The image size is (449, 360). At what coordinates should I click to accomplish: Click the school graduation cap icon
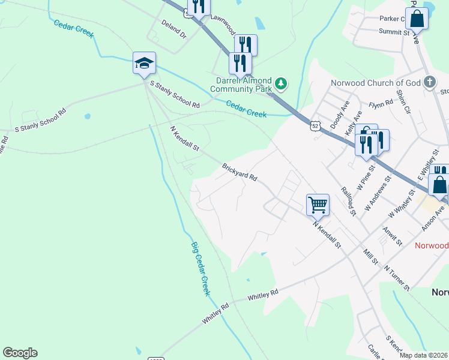point(144,63)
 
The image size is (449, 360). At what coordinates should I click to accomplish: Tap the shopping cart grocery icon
point(318,204)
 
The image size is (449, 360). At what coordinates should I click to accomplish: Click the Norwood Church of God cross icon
point(429,82)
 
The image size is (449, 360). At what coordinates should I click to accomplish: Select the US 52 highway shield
point(315,125)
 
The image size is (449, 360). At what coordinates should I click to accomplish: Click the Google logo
point(20,353)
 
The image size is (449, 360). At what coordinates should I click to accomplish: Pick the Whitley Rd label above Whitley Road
point(263,295)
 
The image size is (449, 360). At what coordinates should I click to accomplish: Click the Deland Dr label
point(174,28)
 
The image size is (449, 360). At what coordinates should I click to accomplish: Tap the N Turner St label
point(397,278)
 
